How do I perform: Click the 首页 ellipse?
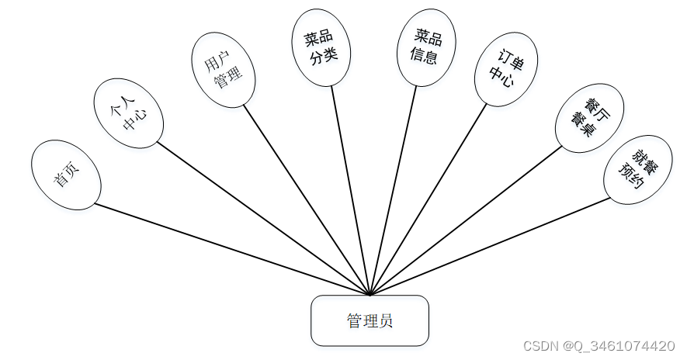pyautogui.click(x=66, y=175)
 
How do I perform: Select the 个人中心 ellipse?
pyautogui.click(x=129, y=112)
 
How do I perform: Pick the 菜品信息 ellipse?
pyautogui.click(x=425, y=47)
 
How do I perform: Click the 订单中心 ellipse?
pyautogui.click(x=506, y=67)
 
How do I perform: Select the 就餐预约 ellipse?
pyautogui.click(x=637, y=169)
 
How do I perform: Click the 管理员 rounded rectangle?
pyautogui.click(x=370, y=320)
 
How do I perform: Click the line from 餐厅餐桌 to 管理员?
pyautogui.click(x=466, y=220)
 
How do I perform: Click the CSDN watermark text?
pyautogui.click(x=599, y=345)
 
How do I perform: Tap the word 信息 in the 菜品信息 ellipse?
pyautogui.click(x=424, y=56)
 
